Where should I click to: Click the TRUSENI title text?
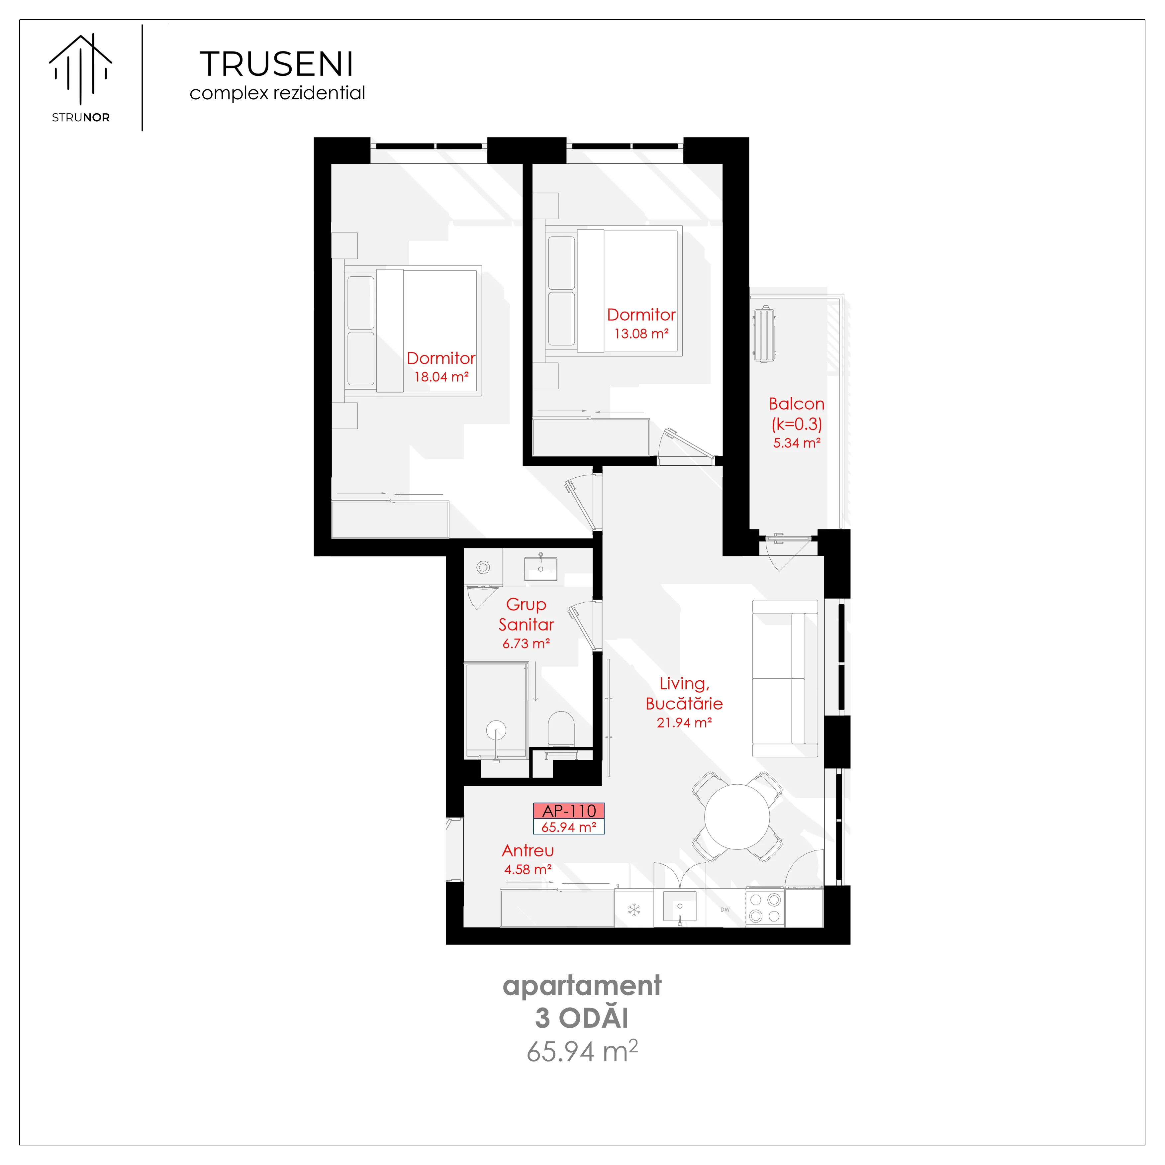point(277,64)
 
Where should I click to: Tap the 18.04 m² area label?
point(441,377)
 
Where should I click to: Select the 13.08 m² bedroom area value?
point(641,334)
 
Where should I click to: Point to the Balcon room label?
point(797,404)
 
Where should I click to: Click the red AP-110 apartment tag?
point(569,811)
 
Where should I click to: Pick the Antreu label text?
point(528,851)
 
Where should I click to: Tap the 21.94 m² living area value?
point(684,723)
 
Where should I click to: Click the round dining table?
point(737,817)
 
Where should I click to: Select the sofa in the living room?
point(785,678)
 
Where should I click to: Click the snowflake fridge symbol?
point(634,909)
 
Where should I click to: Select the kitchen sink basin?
point(680,906)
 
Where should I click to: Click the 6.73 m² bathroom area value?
point(527,643)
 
